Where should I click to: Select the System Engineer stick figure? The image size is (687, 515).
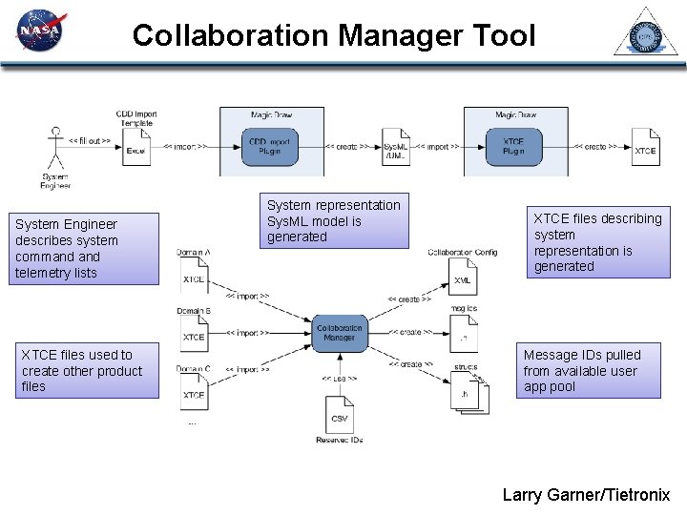tap(54, 150)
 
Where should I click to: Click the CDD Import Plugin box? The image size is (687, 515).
tap(271, 147)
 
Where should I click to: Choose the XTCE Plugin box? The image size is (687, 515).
tap(514, 147)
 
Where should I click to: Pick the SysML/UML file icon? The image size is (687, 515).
tap(396, 147)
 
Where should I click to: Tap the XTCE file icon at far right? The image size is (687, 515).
tap(645, 147)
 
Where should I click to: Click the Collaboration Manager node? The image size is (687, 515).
tap(340, 332)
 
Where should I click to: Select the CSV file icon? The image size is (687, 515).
tap(339, 416)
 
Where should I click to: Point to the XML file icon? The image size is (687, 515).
tap(463, 278)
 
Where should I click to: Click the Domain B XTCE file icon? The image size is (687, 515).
tap(195, 333)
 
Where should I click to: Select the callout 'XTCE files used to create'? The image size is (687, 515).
tap(87, 370)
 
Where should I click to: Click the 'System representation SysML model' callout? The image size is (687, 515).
tap(334, 221)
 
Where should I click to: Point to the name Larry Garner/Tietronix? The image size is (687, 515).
tap(586, 495)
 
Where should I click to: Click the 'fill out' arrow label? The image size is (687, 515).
tap(90, 140)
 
